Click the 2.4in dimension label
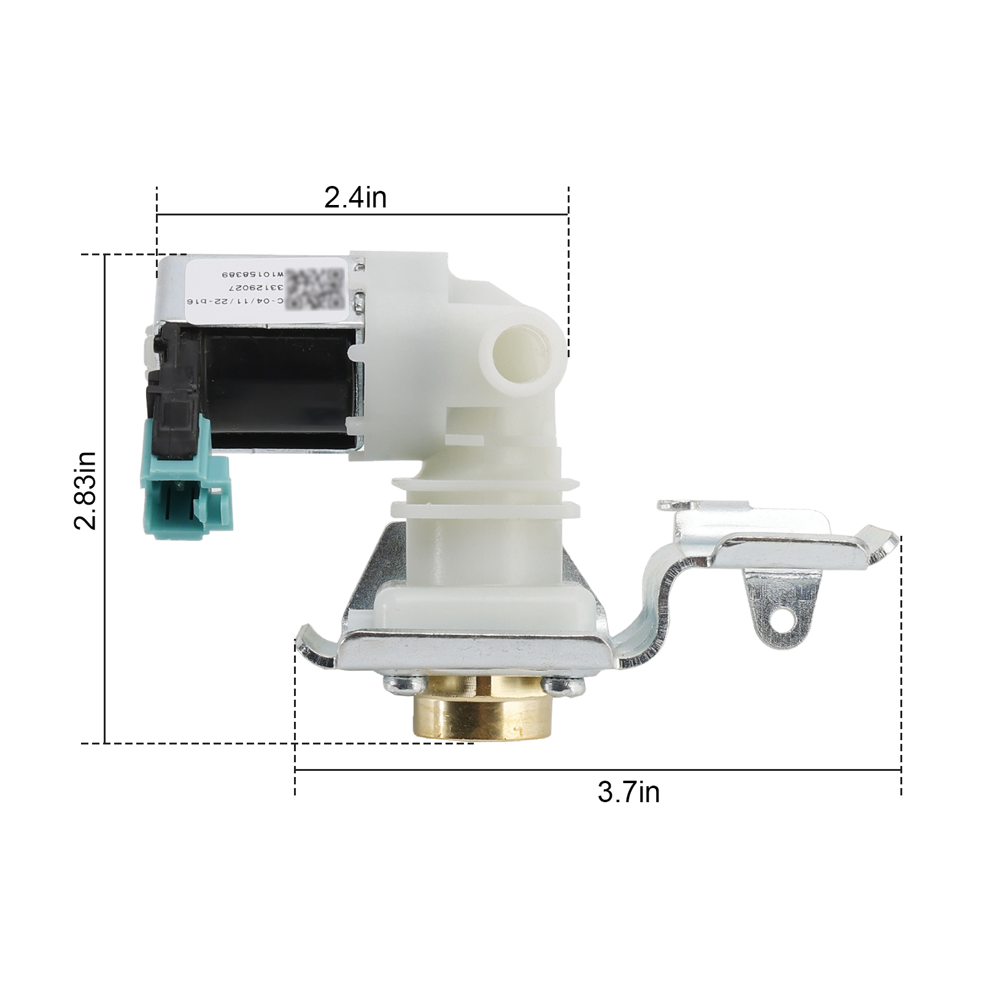click(x=355, y=198)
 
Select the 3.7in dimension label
click(x=628, y=792)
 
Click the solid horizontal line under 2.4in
click(x=362, y=214)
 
